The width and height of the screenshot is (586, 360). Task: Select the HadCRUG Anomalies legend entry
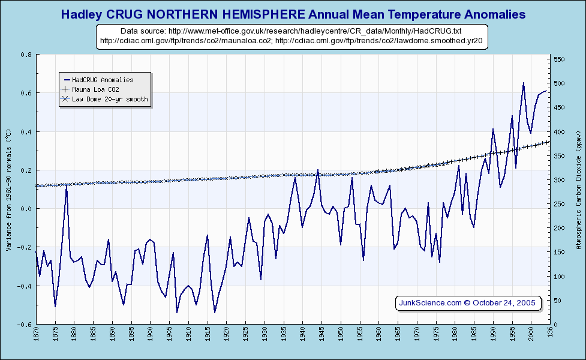click(103, 79)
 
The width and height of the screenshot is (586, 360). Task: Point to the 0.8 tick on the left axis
click(26, 55)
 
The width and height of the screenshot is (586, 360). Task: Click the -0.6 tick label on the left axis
click(25, 325)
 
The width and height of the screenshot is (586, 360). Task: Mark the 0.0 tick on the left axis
click(26, 209)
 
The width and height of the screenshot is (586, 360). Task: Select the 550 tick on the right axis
click(559, 59)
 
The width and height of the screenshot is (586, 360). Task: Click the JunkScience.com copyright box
click(467, 302)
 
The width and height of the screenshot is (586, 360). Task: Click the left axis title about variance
click(8, 189)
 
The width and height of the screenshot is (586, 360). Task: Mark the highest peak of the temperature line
click(524, 83)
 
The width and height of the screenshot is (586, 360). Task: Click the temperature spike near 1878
click(67, 185)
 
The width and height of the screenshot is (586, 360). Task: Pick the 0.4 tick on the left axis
click(26, 132)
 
